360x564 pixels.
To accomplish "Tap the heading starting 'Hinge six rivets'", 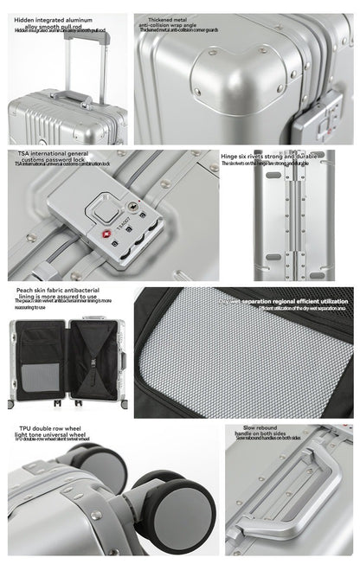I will pyautogui.click(x=267, y=157).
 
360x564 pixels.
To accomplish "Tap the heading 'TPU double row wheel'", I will pyautogui.click(x=52, y=428).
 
